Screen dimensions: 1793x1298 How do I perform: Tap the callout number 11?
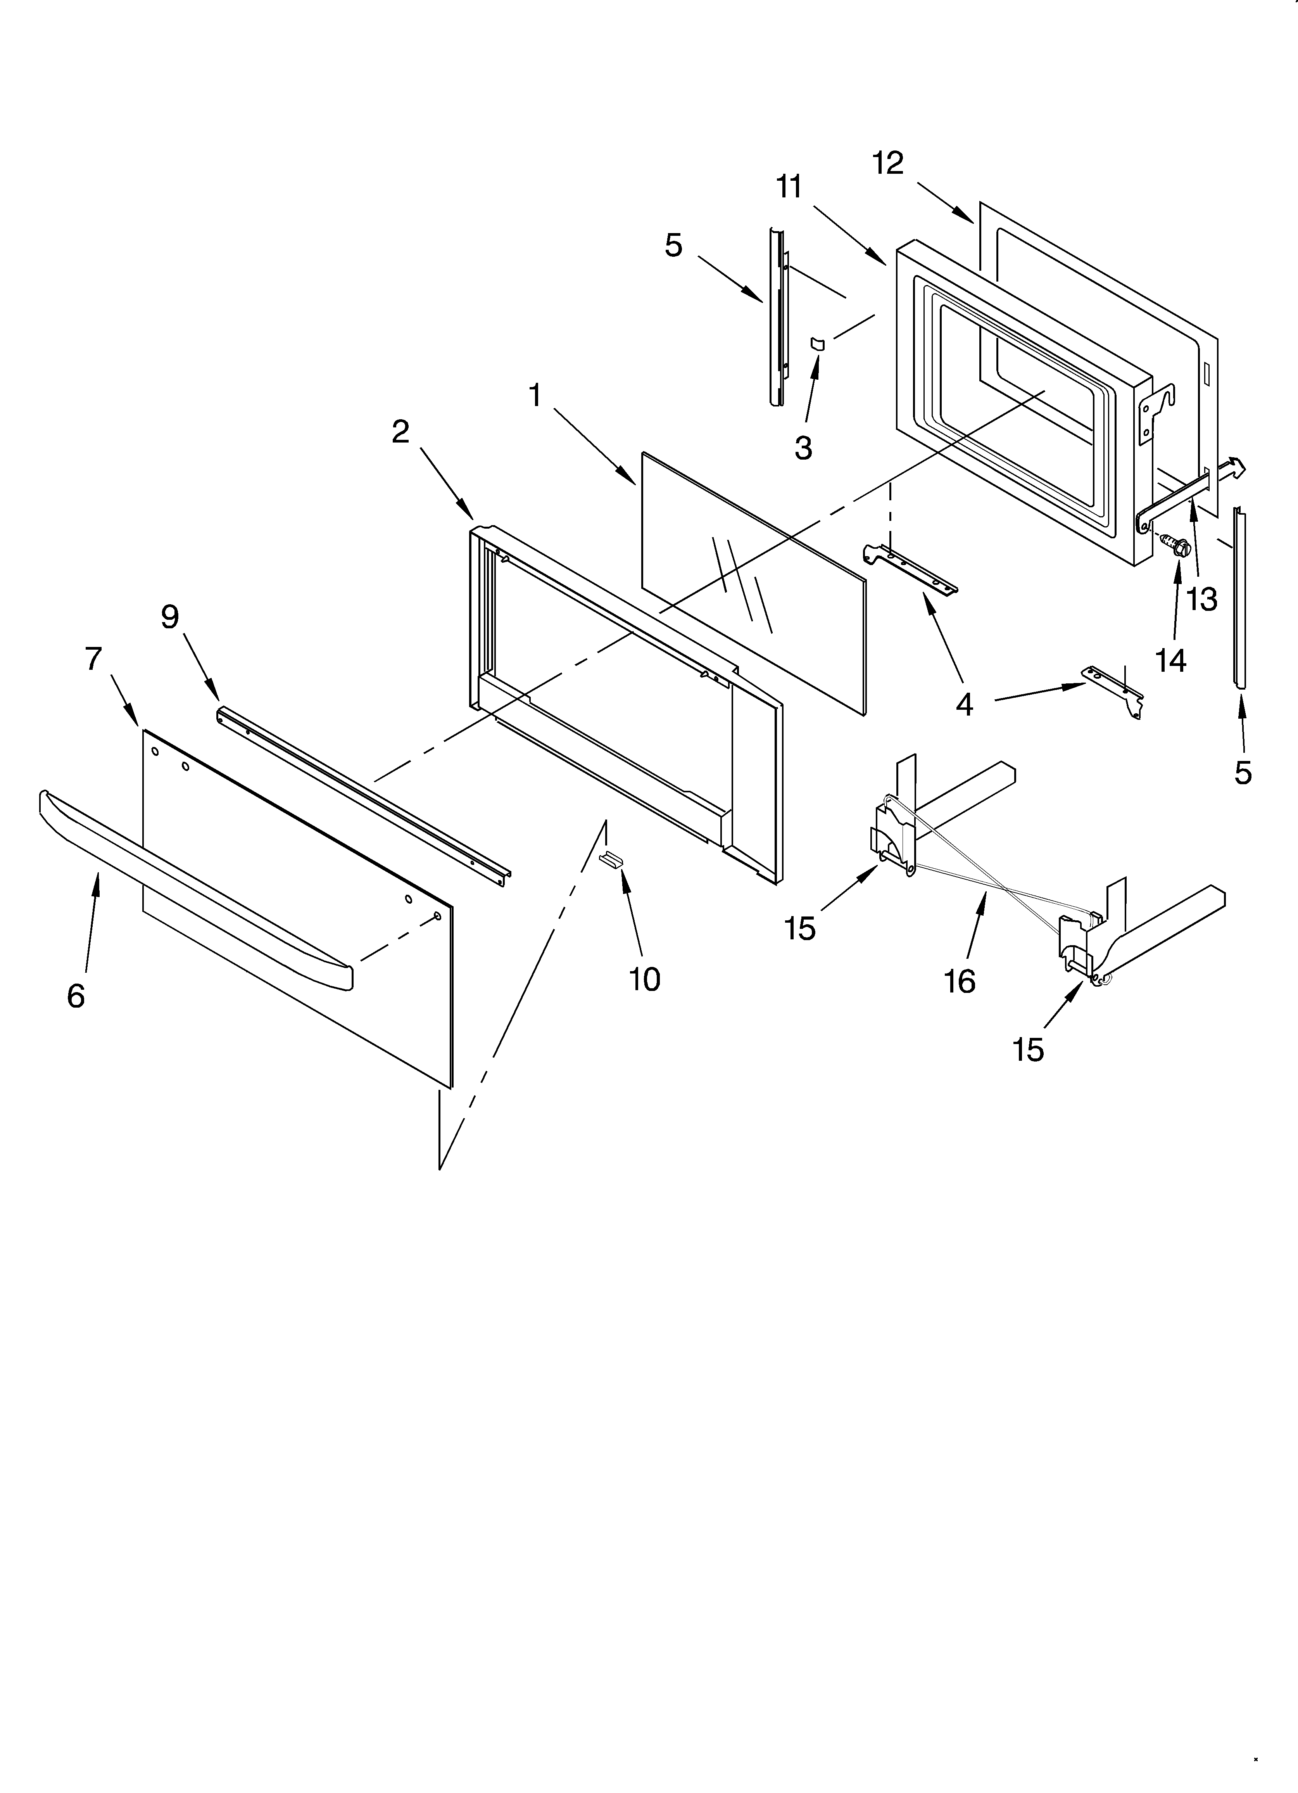[x=788, y=187]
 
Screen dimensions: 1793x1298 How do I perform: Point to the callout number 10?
[x=644, y=980]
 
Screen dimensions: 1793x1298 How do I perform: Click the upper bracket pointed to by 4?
[x=909, y=569]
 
